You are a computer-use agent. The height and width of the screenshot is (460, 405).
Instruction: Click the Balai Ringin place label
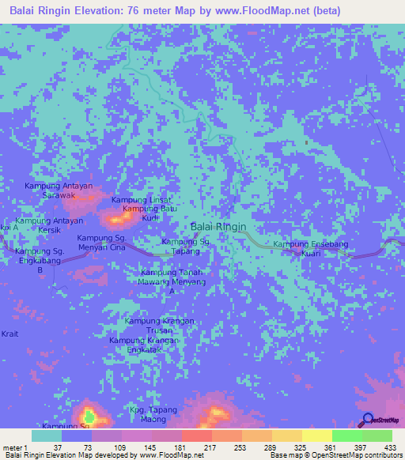[219, 226]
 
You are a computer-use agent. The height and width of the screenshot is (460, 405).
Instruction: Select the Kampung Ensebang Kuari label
[305, 251]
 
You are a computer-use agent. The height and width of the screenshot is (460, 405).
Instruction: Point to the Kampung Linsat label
[141, 200]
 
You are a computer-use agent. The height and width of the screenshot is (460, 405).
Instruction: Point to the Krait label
[9, 334]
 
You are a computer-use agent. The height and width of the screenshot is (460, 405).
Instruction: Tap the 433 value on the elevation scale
[390, 447]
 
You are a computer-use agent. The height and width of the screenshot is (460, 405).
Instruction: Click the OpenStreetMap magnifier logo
[368, 420]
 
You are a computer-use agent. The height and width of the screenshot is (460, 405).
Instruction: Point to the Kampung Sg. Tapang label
[185, 246]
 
